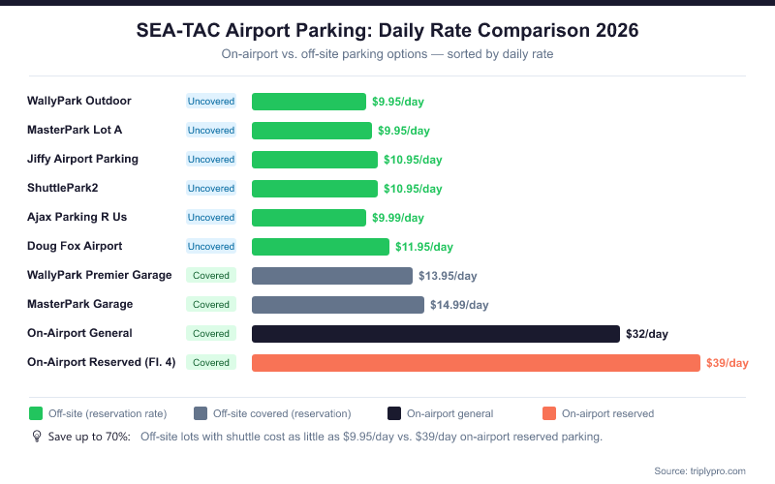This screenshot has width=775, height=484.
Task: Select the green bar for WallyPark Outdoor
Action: coord(308,101)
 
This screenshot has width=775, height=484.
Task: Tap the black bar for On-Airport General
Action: coord(435,333)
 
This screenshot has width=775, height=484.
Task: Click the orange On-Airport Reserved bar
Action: coord(475,362)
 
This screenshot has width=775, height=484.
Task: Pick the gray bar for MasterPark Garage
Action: coord(337,304)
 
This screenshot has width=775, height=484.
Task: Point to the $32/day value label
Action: coord(647,334)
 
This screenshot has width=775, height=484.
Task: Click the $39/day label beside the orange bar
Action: coord(727,363)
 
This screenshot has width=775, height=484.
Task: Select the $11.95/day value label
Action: coord(424,247)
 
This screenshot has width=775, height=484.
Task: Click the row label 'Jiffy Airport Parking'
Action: coord(83,159)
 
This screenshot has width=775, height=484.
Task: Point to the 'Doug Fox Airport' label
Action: coord(76,246)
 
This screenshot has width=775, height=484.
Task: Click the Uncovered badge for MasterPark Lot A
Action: coord(211,130)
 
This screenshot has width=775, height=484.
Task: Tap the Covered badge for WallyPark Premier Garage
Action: coord(211,275)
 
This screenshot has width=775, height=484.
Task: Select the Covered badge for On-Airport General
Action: coord(211,333)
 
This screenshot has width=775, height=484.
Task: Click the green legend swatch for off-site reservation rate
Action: coord(36,413)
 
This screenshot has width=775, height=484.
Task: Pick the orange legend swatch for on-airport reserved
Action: coord(549,413)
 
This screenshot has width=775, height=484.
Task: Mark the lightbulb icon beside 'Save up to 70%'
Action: coord(37,437)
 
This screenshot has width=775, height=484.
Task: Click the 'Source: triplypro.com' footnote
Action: coord(699,470)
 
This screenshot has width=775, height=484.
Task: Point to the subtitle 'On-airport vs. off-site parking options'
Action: coord(387,54)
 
